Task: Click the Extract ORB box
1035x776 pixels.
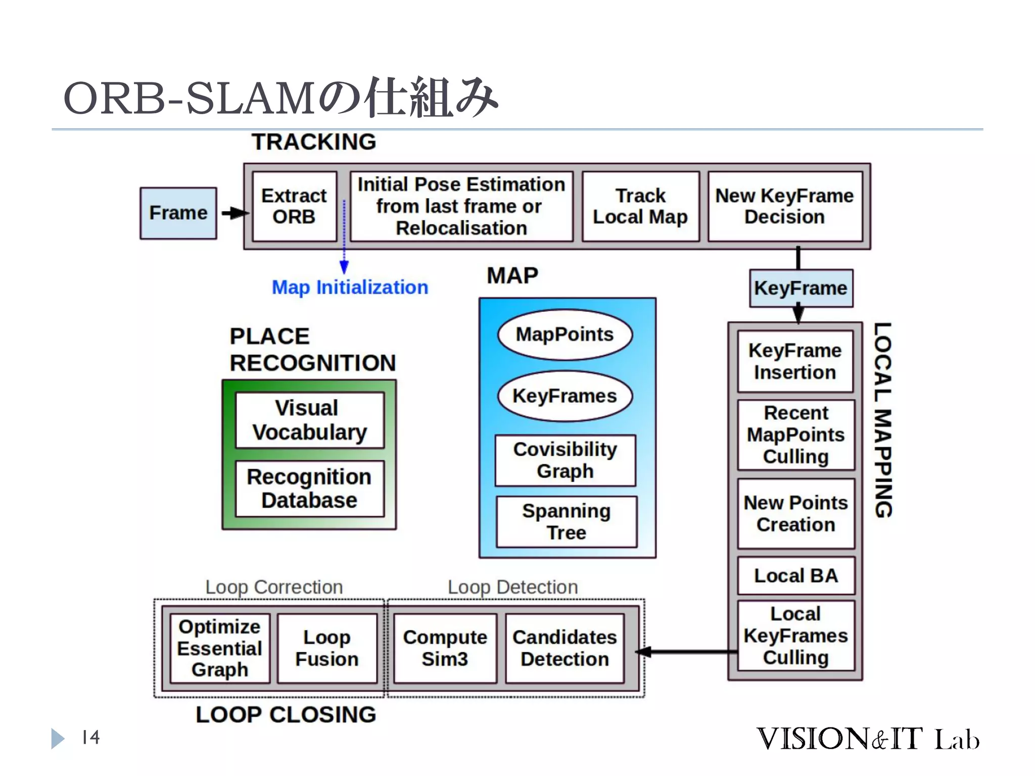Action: (x=294, y=206)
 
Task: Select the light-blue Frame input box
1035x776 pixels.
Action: (x=178, y=213)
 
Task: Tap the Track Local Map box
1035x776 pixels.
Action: (x=640, y=206)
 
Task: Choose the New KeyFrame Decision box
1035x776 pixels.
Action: (x=784, y=206)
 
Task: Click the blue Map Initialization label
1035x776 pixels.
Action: (x=350, y=287)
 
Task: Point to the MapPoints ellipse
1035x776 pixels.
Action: (x=564, y=334)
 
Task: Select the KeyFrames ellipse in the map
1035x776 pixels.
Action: (x=564, y=396)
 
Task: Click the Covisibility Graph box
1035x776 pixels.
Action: (x=565, y=460)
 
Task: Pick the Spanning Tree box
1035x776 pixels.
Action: (x=566, y=522)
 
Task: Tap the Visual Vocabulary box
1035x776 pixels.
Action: (x=310, y=420)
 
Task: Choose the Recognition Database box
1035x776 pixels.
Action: (x=310, y=489)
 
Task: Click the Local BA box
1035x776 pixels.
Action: (x=796, y=576)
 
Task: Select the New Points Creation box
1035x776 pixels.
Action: (x=796, y=514)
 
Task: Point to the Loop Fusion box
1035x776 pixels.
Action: (x=327, y=648)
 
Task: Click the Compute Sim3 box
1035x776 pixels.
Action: (x=445, y=648)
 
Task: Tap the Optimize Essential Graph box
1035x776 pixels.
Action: (x=220, y=648)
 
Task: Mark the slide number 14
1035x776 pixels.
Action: (x=91, y=738)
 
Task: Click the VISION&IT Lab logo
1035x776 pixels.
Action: (x=868, y=739)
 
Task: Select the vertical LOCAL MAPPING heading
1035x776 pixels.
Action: (x=883, y=419)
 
